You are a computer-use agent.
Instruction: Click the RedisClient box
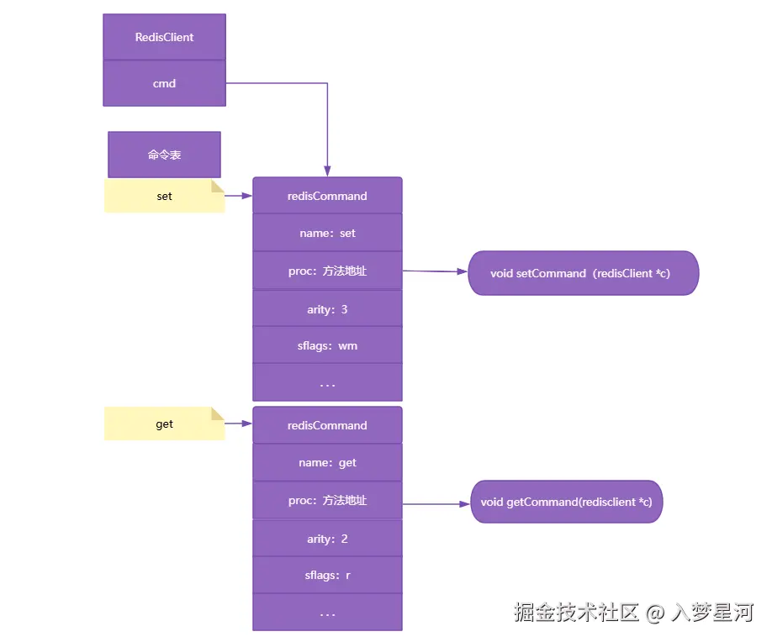[x=164, y=37]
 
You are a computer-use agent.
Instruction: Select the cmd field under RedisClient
[x=164, y=83]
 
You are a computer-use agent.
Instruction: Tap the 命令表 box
[x=164, y=155]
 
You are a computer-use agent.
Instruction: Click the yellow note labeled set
[x=164, y=196]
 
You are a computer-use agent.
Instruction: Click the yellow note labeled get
[x=164, y=424]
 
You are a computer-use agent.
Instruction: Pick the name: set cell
[x=327, y=233]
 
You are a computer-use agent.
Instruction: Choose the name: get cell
[x=327, y=462]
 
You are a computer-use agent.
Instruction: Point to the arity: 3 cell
[x=327, y=309]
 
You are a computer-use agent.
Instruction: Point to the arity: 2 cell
[x=327, y=539]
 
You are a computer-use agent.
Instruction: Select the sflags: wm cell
[x=327, y=345]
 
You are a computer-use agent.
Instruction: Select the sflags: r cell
[x=327, y=576]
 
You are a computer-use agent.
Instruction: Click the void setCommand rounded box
[x=583, y=273]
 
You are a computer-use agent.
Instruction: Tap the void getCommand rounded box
[x=566, y=502]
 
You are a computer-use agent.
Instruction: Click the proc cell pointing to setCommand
[x=327, y=271]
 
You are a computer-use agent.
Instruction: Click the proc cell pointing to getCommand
[x=327, y=500]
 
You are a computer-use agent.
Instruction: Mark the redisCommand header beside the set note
[x=327, y=196]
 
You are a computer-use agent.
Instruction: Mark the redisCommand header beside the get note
[x=327, y=425]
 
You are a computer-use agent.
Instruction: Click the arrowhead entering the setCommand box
[x=463, y=272]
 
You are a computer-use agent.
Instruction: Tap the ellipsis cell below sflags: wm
[x=327, y=383]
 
